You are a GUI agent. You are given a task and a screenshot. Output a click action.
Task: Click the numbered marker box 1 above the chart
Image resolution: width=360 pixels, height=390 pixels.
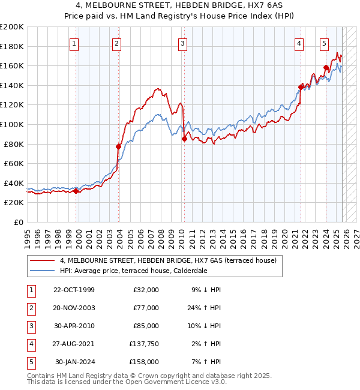pyautogui.click(x=74, y=43)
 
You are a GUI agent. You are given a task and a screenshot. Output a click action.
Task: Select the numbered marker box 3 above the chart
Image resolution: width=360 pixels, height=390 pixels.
pyautogui.click(x=182, y=43)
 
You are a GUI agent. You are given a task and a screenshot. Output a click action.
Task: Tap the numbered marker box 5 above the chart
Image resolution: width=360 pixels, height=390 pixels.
pyautogui.click(x=324, y=43)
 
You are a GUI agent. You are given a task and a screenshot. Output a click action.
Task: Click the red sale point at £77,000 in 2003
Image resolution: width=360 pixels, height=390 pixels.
pyautogui.click(x=118, y=146)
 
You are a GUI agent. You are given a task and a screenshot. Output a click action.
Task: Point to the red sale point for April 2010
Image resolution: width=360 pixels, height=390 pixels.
pyautogui.click(x=184, y=139)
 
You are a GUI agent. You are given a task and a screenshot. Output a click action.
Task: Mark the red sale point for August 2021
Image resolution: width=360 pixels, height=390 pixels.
pyautogui.click(x=301, y=87)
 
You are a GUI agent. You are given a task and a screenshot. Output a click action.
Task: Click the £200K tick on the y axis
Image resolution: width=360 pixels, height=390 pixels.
pyautogui.click(x=12, y=26)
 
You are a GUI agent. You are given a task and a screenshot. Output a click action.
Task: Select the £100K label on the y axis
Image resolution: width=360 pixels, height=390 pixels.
pyautogui.click(x=12, y=124)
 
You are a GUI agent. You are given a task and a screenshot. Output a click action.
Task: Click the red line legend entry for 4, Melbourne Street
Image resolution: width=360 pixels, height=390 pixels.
pyautogui.click(x=168, y=260)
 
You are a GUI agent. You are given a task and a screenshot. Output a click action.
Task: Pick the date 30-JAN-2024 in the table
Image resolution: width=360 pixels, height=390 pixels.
pyautogui.click(x=75, y=362)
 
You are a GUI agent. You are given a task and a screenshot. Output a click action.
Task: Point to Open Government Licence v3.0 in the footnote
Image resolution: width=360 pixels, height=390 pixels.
pyautogui.click(x=170, y=382)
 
